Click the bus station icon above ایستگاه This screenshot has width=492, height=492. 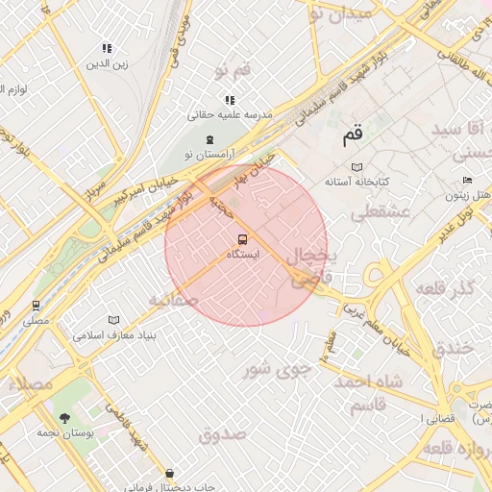pos(240,240)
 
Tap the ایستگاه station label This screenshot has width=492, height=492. pos(243,256)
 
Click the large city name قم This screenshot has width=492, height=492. pos(354,135)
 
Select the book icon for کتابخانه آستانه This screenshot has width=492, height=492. pos(357,166)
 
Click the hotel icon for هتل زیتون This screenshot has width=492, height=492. pos(467,181)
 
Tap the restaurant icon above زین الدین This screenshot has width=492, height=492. pos(108,48)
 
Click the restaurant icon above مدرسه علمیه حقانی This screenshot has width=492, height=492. pos(230,100)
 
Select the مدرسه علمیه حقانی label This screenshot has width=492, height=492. pos(230,114)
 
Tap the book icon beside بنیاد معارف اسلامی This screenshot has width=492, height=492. pos(114,320)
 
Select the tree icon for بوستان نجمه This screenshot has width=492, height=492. pos(64,418)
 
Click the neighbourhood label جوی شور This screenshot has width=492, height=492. pos(278,367)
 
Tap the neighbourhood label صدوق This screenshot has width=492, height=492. pos(223,434)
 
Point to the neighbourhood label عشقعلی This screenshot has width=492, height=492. pos(384,211)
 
